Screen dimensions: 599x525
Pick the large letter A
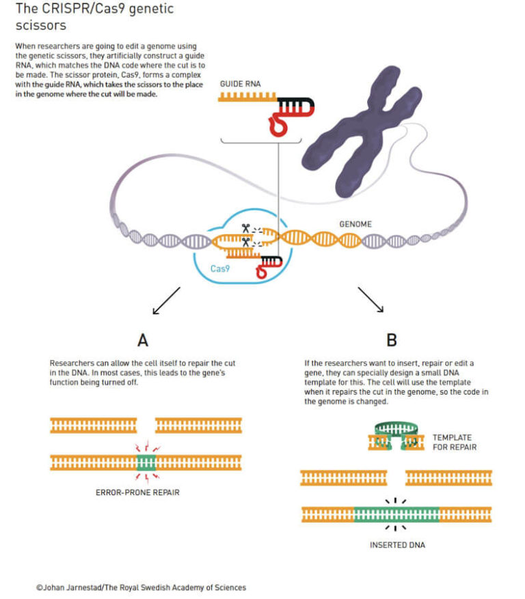pyautogui.click(x=143, y=339)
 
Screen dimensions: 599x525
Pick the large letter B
pyautogui.click(x=392, y=339)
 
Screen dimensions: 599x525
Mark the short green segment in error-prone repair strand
pyautogui.click(x=146, y=462)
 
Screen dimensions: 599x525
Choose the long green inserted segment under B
pyautogui.click(x=396, y=513)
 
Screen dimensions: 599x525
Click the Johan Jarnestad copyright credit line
pyautogui.click(x=141, y=587)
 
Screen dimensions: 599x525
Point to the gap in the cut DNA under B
pyautogui.click(x=396, y=477)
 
